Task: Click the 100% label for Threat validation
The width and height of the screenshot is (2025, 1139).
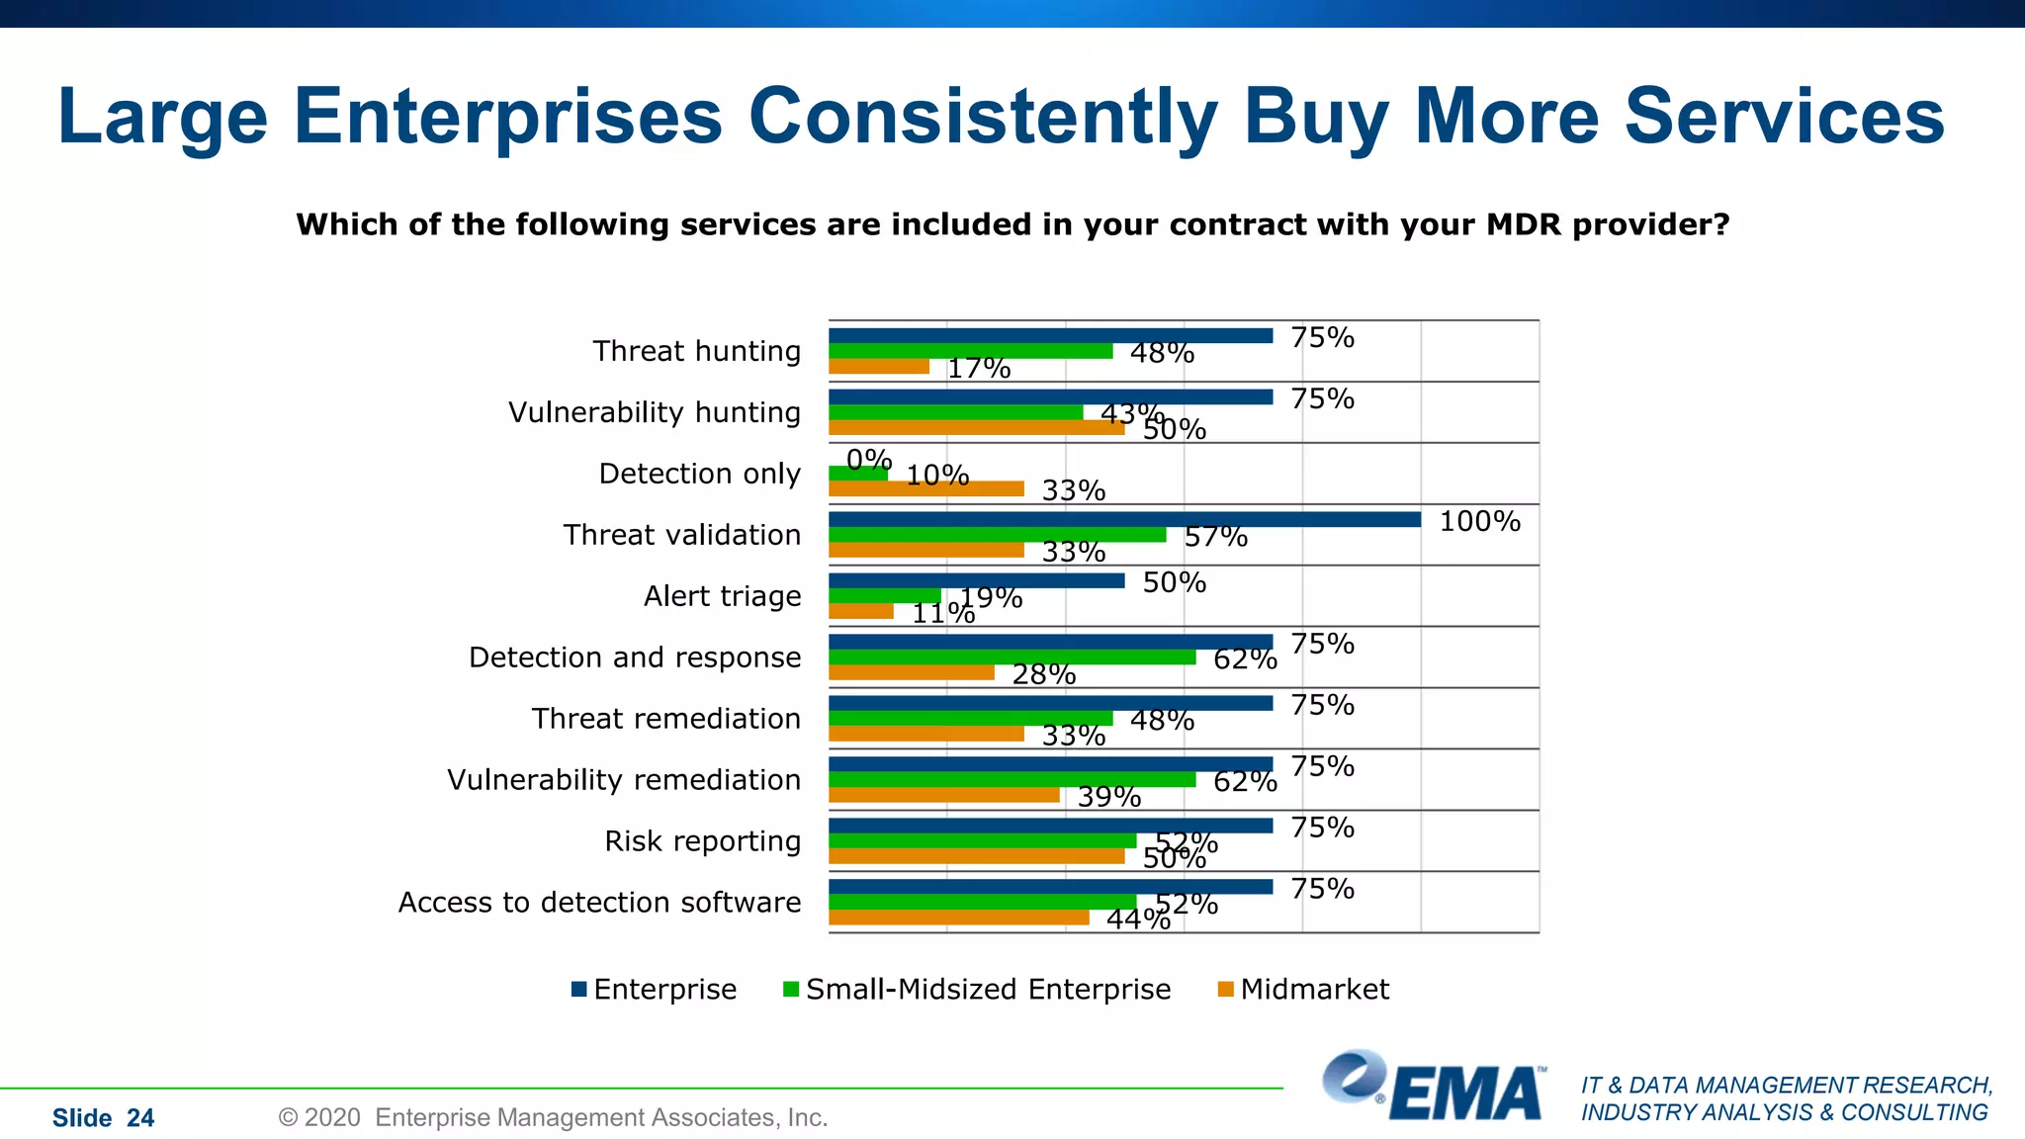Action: coord(1479,521)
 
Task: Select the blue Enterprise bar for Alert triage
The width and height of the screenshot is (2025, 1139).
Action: coord(976,581)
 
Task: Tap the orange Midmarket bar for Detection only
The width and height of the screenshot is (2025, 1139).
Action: coord(925,488)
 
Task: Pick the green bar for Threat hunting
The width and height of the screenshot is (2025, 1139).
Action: coord(970,351)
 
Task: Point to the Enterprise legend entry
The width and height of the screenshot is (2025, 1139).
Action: coord(654,989)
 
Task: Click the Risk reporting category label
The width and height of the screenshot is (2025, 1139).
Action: coord(702,841)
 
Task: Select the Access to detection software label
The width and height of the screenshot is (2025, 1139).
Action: coord(599,903)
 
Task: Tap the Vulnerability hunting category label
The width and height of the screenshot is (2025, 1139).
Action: coord(654,412)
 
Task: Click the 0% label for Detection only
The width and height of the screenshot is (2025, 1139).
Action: coord(869,459)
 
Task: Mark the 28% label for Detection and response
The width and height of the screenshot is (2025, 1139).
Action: coord(1043,674)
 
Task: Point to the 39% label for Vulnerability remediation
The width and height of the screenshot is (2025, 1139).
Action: coord(1108,796)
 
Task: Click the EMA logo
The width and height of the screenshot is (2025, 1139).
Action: coord(1434,1087)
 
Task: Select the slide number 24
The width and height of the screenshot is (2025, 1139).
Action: coord(140,1118)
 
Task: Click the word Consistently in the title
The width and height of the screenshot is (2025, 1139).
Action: coord(983,117)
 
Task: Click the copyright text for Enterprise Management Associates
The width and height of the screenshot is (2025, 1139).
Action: coord(553,1117)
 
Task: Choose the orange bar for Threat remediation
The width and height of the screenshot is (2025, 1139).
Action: coord(925,734)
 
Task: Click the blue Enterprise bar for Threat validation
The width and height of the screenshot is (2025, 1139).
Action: coord(1124,520)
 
